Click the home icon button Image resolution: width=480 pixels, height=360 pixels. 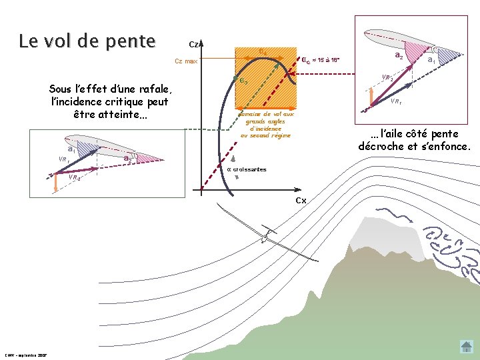[466, 347]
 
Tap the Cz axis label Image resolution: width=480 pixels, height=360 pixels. [193, 45]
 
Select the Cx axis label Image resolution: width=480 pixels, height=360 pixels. [300, 201]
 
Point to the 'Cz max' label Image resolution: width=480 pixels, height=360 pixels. [186, 61]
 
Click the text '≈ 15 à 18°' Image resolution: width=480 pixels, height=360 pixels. [327, 61]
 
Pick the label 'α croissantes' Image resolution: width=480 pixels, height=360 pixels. [247, 169]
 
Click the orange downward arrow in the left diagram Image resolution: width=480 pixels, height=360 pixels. [56, 184]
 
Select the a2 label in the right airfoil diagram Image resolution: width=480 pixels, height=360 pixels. [398, 56]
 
